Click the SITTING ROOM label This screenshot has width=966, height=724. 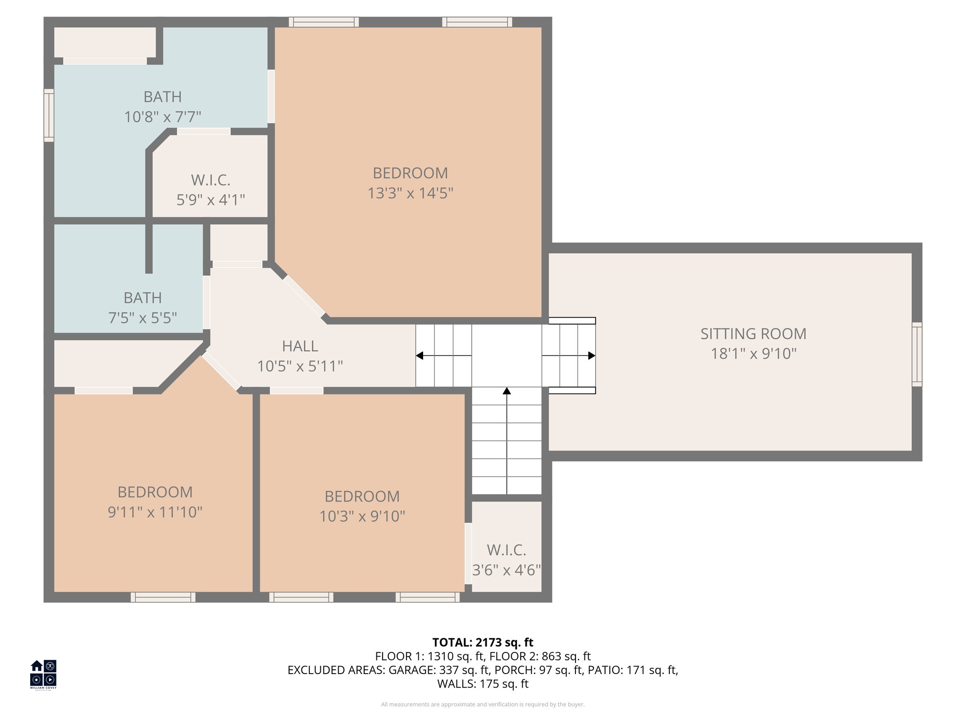coord(753,334)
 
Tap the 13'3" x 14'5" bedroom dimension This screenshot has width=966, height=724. coord(410,193)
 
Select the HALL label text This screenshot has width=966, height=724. coord(300,346)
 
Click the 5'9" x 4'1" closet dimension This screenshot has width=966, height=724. coord(210,200)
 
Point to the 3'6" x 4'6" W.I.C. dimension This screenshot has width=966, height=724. coord(507,570)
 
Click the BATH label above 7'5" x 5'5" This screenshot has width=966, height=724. coord(142,298)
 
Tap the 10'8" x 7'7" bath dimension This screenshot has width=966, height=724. coord(163,117)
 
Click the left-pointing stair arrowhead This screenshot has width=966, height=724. coord(419,355)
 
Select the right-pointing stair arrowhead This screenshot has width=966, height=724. coord(591,355)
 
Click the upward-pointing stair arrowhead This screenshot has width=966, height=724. coord(507,391)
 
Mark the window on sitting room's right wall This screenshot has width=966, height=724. coord(916,354)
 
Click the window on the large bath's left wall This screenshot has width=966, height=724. coord(49,115)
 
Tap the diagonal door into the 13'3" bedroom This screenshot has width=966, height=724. coord(304,296)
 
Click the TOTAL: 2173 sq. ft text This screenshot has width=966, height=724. coord(483,642)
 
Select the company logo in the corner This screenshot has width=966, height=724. coord(43,674)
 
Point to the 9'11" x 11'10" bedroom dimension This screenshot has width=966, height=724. coord(155,512)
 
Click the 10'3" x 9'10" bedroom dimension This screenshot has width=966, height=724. coord(362,517)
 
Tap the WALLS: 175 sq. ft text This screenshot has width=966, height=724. coord(483,684)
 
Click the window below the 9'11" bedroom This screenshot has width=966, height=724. coord(163,597)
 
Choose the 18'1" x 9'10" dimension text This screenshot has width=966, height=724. coord(753,354)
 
